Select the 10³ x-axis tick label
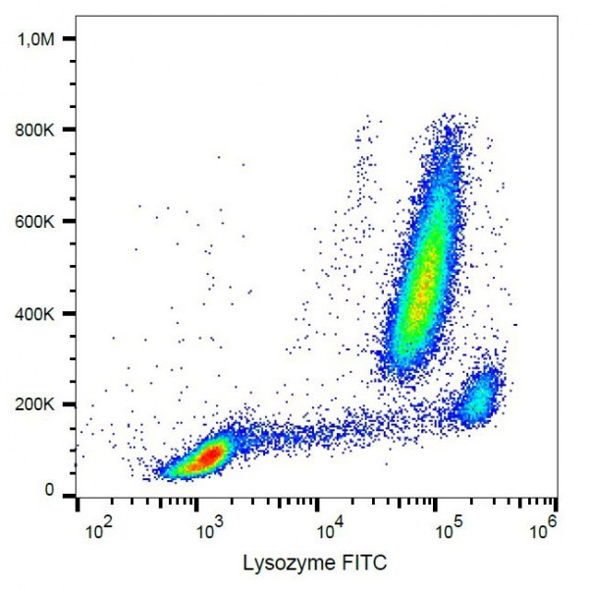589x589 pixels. [x=208, y=530]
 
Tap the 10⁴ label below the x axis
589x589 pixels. [x=330, y=530]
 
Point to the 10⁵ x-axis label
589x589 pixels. [x=450, y=530]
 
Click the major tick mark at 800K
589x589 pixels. [x=70, y=130]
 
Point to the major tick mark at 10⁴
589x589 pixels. [x=317, y=503]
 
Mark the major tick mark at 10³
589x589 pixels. [x=196, y=503]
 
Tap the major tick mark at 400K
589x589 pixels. [x=70, y=313]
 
